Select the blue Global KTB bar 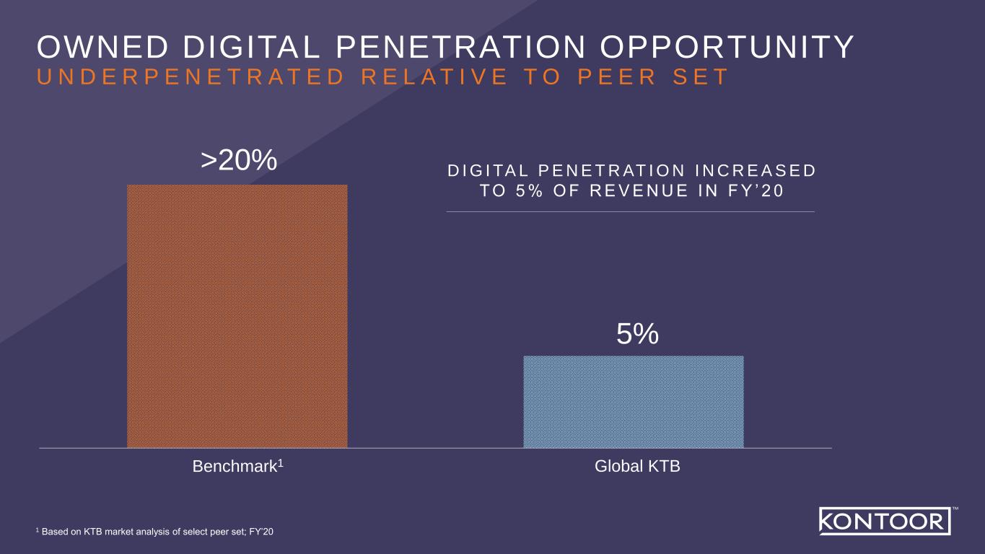pos(633,402)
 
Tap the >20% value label pos(239,162)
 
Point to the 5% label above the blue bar pos(637,334)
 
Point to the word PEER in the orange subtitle pos(612,77)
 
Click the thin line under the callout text pos(630,211)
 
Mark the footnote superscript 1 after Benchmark pos(280,463)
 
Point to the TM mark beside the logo pos(955,509)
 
